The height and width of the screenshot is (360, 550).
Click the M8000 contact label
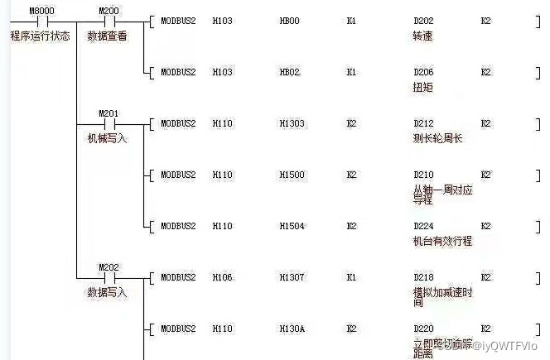(41, 11)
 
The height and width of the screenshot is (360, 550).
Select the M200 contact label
(109, 11)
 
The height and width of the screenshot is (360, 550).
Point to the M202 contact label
(109, 267)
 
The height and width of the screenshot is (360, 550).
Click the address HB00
(290, 22)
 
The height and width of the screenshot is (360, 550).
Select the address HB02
(290, 73)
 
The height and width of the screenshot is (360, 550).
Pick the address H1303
(292, 124)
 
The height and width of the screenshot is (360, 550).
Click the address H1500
(292, 175)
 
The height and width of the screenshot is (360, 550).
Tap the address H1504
(292, 226)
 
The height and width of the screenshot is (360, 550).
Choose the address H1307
(292, 277)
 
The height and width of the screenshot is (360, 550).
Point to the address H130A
(292, 329)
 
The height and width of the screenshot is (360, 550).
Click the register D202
(423, 22)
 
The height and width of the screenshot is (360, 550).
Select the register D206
(423, 73)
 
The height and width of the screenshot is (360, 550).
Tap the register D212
(423, 124)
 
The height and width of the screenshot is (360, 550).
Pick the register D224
(423, 226)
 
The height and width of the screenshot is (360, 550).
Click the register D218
(423, 277)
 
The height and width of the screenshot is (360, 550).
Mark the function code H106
(223, 277)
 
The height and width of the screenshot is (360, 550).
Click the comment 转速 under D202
(422, 36)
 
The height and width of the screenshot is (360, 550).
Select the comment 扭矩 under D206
(422, 87)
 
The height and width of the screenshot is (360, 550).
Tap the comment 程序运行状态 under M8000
(40, 36)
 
